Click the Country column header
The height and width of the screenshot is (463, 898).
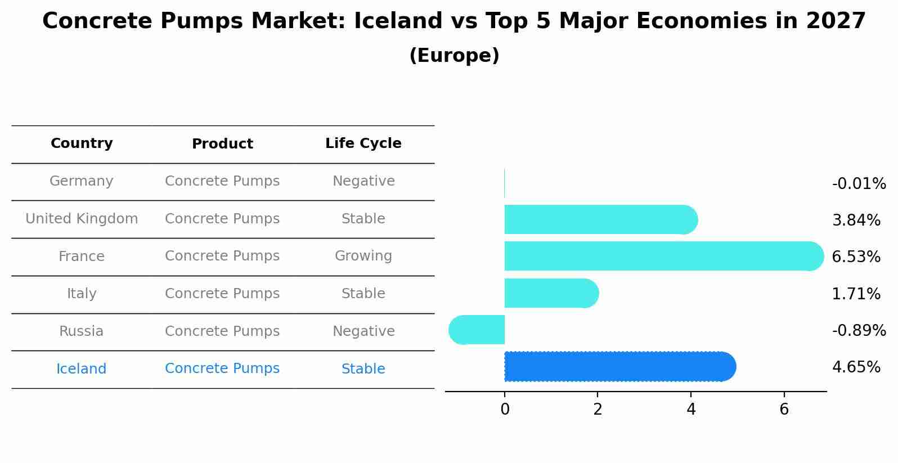point(82,143)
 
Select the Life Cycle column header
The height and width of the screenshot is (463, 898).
point(363,143)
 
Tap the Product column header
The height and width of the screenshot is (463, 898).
point(222,143)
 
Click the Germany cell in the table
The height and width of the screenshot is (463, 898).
point(82,181)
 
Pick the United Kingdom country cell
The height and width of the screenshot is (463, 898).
point(82,218)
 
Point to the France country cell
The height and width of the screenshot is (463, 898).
point(82,256)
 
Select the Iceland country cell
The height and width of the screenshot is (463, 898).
point(82,368)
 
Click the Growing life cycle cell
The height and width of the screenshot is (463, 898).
point(363,256)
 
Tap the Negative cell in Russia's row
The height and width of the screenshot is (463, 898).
point(363,331)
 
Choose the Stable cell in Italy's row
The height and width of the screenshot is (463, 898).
point(363,294)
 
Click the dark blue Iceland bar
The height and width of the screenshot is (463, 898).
point(620,366)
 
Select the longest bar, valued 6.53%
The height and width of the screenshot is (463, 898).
point(664,256)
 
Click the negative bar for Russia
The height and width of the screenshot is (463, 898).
point(477,330)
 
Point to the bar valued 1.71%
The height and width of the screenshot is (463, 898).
point(551,293)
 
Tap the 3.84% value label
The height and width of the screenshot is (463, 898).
point(856,220)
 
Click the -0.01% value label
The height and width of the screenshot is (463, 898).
point(859,183)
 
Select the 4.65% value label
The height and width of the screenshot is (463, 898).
point(856,367)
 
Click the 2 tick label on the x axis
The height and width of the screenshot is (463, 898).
point(598,410)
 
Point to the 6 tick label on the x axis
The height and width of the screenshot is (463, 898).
point(784,410)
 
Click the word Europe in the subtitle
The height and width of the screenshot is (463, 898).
point(455,55)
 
